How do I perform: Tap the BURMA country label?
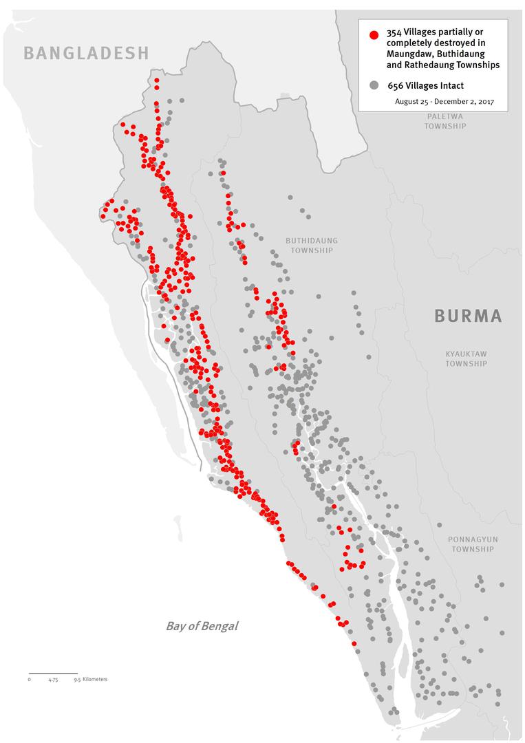(x=468, y=316)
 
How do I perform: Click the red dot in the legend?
(x=374, y=34)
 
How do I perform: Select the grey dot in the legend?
(x=374, y=85)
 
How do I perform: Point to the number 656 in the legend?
(x=396, y=85)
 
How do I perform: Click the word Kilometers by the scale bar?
(x=94, y=679)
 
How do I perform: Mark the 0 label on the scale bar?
(x=30, y=680)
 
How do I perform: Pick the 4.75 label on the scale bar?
(x=53, y=680)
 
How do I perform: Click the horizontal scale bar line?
(x=53, y=673)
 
